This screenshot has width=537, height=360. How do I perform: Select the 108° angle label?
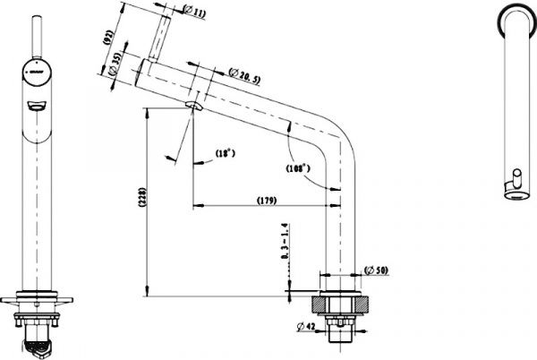click(298, 167)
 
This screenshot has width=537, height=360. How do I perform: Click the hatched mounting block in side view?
click(339, 305)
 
